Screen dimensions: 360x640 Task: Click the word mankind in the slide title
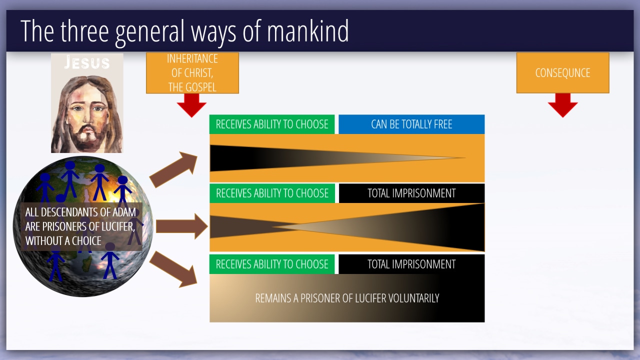307,31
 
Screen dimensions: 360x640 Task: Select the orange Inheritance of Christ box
192,73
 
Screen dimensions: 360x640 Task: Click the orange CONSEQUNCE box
562,73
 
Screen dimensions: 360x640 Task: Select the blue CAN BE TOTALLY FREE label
411,124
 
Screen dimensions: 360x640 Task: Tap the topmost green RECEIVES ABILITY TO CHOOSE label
272,124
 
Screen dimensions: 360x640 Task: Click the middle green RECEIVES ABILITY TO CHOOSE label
272,193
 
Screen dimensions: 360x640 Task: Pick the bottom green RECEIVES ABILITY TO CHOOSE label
272,264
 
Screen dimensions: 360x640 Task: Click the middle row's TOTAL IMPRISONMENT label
411,193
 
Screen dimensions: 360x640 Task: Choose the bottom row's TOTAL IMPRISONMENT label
411,264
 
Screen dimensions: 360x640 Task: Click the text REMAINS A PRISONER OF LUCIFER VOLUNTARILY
347,298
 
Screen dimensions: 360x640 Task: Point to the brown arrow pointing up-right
173,169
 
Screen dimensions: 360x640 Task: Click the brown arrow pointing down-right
173,269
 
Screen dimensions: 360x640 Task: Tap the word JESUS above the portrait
87,63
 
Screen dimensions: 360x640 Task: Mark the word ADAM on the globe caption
124,212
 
